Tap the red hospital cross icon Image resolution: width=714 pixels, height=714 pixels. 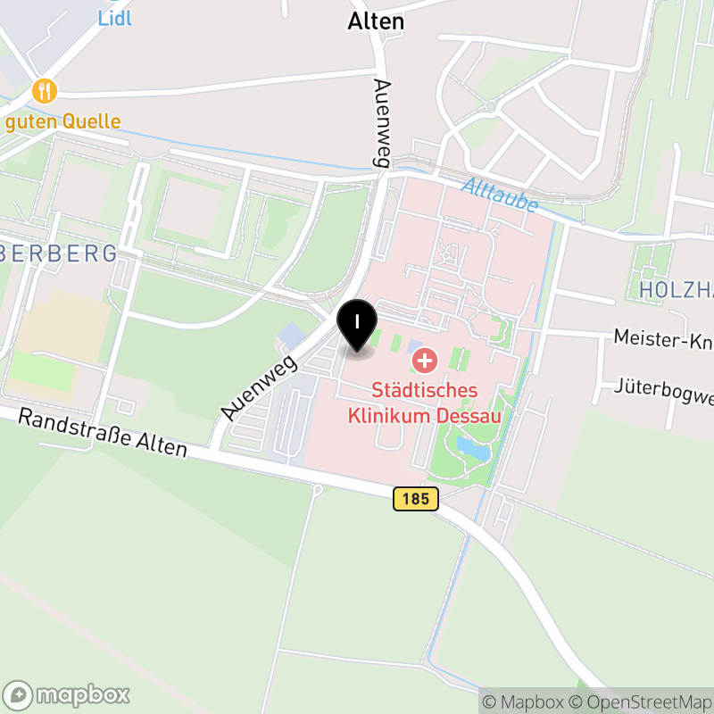[x=425, y=361]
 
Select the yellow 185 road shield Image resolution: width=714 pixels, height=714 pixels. [x=416, y=499]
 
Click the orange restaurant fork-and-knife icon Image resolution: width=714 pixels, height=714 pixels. [x=45, y=90]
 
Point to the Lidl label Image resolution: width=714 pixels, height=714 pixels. [x=114, y=17]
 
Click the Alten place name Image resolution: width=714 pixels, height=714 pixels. [x=376, y=21]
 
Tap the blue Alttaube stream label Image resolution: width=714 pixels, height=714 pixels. [x=500, y=195]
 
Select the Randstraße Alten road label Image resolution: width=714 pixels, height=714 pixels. [x=103, y=432]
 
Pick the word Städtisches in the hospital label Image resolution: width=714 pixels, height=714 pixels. [x=425, y=391]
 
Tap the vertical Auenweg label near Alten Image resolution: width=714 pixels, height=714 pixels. [x=383, y=121]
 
